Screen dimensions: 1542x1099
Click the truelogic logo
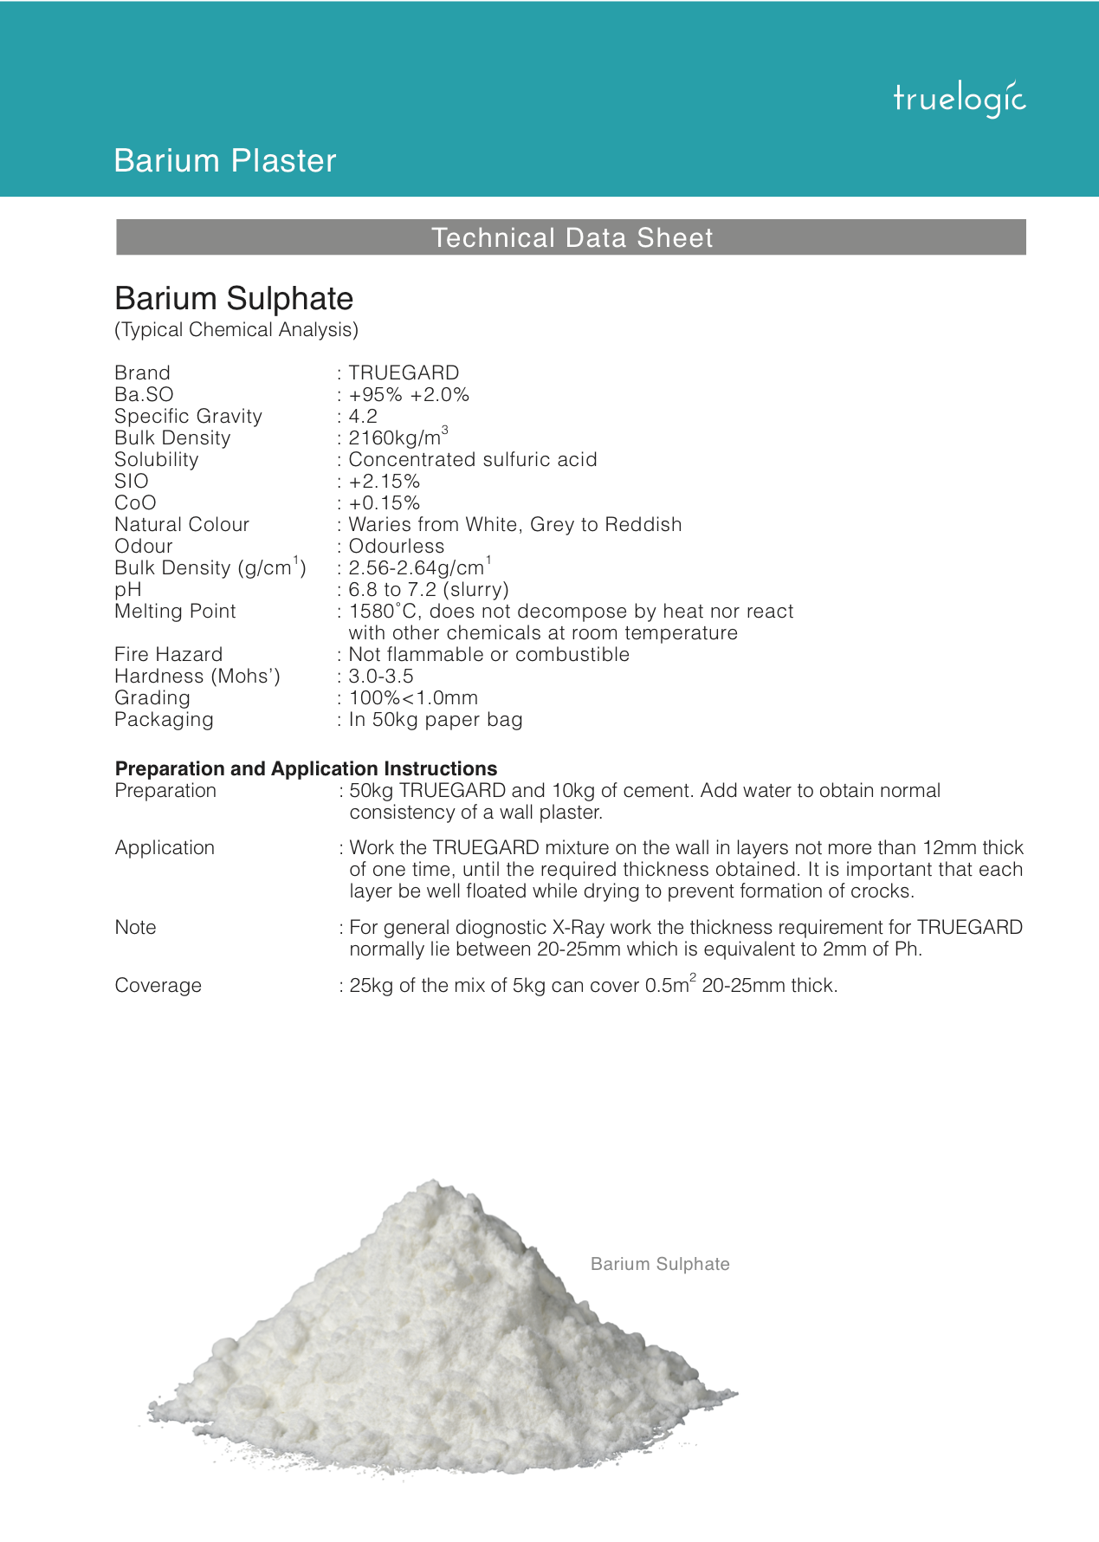[959, 99]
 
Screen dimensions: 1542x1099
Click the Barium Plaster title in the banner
[224, 161]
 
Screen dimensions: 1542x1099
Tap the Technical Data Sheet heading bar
[572, 237]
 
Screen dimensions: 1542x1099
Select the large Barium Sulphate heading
[234, 299]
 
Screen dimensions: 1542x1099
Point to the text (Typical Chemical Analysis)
[236, 330]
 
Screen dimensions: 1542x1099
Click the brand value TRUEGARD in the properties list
[404, 373]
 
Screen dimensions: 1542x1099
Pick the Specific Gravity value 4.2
[363, 417]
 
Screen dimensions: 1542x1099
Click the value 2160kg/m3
[398, 437]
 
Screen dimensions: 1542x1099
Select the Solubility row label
[156, 460]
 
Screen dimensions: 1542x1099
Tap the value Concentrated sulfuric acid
[472, 460]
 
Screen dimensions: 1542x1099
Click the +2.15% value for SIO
[384, 482]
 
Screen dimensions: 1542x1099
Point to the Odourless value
[396, 547]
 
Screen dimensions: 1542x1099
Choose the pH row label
[127, 590]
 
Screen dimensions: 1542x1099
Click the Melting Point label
[175, 612]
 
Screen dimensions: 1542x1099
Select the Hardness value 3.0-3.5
[381, 677]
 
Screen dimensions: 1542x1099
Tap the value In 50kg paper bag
[435, 720]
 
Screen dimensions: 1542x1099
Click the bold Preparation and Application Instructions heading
[306, 768]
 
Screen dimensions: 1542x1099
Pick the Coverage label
[158, 986]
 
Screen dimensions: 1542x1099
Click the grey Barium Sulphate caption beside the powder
[660, 1264]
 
